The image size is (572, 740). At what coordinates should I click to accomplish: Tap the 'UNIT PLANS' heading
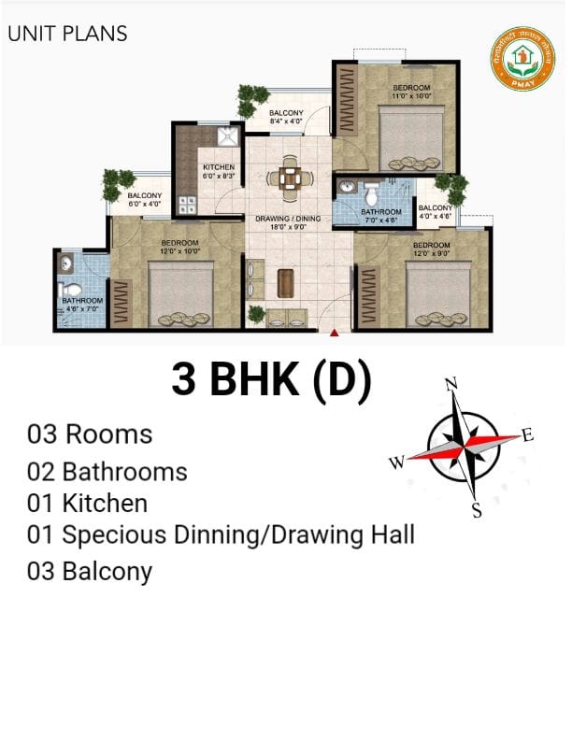click(67, 35)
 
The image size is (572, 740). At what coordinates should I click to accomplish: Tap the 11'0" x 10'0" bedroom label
click(411, 92)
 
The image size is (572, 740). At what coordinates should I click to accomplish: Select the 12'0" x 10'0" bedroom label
click(179, 247)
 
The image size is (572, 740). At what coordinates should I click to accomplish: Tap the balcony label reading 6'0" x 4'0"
click(145, 199)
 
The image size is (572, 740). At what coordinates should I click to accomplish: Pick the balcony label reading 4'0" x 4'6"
click(436, 212)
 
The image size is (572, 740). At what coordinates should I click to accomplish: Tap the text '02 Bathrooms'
click(107, 472)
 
